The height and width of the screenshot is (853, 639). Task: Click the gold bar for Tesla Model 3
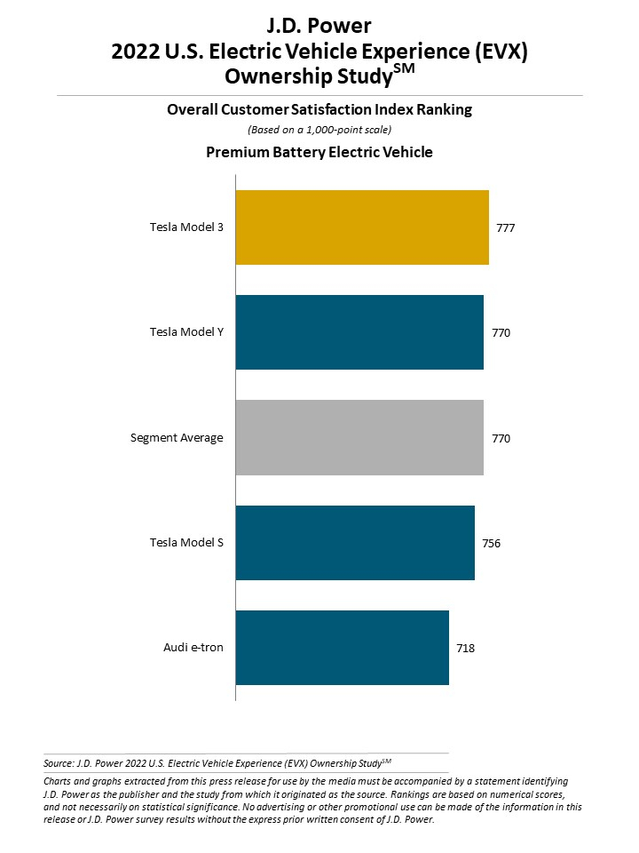362,227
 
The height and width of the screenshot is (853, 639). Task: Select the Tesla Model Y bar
359,332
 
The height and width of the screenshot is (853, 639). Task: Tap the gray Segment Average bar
359,437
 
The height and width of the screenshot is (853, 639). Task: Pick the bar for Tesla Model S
355,543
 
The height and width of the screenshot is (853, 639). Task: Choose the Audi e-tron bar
343,648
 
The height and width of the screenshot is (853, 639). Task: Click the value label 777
506,228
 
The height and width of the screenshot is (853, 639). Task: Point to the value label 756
492,544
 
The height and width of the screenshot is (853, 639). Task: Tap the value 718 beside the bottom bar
466,649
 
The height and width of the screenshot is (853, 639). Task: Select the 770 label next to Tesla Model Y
501,333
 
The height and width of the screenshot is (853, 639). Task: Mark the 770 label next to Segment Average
501,438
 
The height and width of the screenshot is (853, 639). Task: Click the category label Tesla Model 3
186,227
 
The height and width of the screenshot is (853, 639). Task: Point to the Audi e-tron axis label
193,648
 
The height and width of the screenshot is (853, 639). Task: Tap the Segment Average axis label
177,438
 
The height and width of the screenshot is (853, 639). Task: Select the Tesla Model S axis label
186,543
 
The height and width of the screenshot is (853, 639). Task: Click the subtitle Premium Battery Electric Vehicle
319,152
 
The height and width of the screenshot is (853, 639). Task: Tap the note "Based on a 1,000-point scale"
319,130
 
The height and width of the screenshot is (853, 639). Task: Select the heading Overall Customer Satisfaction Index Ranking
319,109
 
